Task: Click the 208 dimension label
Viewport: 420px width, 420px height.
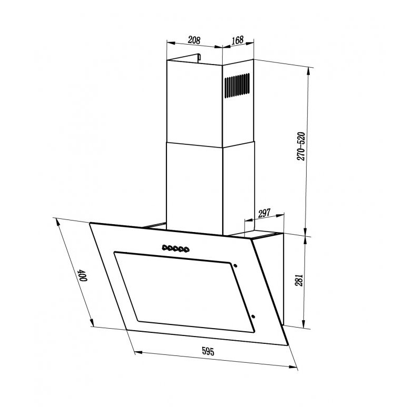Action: coord(194,40)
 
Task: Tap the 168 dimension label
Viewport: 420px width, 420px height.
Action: coord(237,40)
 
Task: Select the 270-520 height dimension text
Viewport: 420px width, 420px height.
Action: coord(301,146)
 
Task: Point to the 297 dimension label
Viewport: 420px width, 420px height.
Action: coord(264,214)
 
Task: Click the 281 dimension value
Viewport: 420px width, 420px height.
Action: coord(299,280)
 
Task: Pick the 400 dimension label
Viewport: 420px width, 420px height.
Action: coord(82,275)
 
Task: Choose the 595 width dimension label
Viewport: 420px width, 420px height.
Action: coord(208,351)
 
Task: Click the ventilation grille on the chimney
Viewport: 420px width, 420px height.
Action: coord(237,86)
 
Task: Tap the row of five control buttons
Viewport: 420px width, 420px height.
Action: coord(175,248)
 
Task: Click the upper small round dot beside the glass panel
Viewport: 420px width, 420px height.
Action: coord(235,266)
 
